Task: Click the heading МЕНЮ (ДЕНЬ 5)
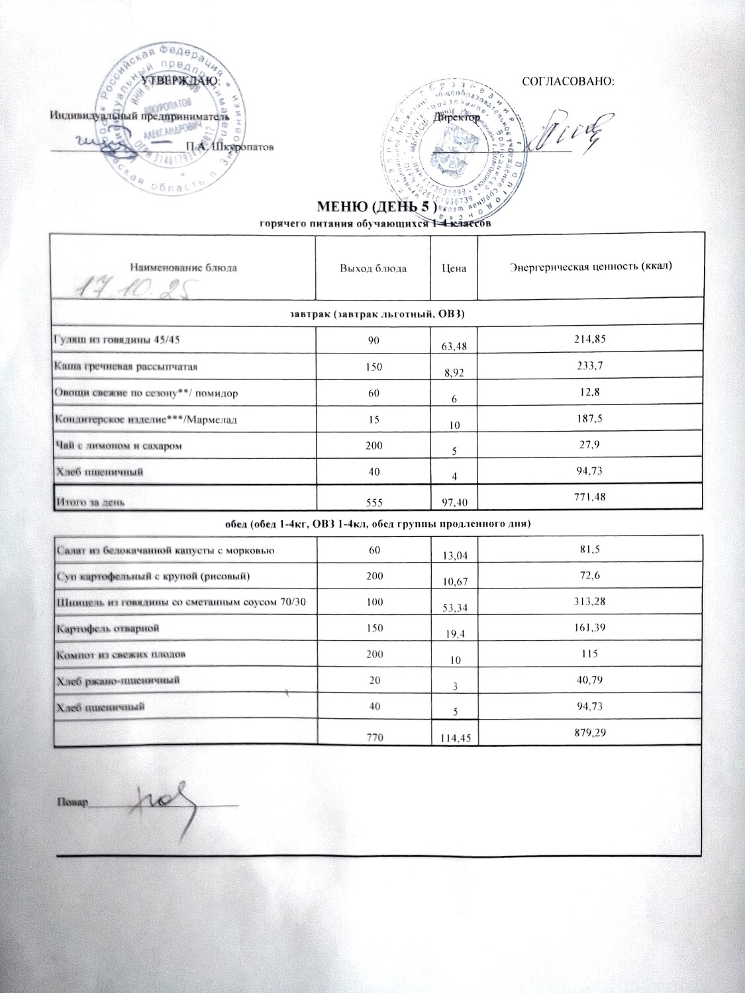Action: pyautogui.click(x=373, y=211)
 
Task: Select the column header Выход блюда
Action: pyautogui.click(x=372, y=268)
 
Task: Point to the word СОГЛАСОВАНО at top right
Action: pyautogui.click(x=569, y=81)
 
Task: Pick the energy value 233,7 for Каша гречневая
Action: pyautogui.click(x=590, y=365)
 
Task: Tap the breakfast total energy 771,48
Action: pyautogui.click(x=590, y=497)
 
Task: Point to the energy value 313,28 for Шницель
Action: pyautogui.click(x=590, y=600)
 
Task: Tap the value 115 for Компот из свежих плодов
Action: pyautogui.click(x=590, y=653)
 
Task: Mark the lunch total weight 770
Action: pyautogui.click(x=372, y=734)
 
